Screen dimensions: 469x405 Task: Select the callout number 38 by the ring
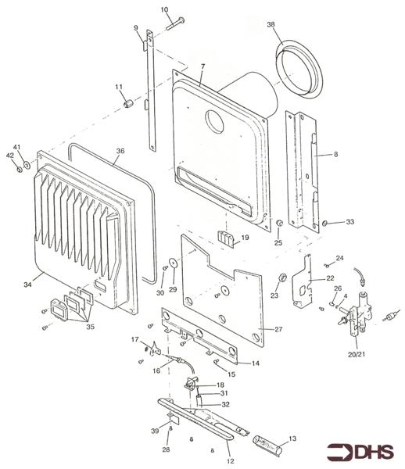point(271,24)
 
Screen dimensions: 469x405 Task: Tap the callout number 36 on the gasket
point(120,152)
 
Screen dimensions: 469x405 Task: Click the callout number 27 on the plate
point(277,329)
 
